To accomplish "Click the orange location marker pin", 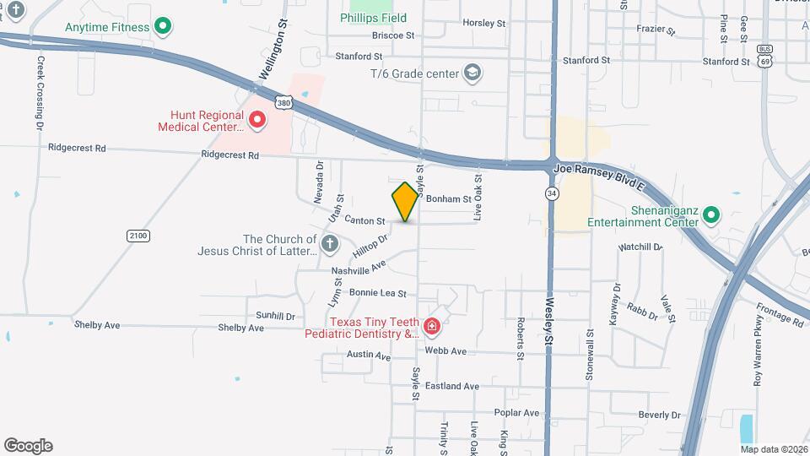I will (x=406, y=201).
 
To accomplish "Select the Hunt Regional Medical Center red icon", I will (x=257, y=121).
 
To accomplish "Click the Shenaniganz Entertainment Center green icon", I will (x=711, y=215).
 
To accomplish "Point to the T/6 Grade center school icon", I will (x=472, y=73).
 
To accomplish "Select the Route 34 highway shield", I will (x=551, y=193).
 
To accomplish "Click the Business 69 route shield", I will (x=764, y=57).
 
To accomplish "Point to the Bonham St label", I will (x=448, y=199).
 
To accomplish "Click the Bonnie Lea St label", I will (x=378, y=294).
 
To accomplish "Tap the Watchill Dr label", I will (x=640, y=247).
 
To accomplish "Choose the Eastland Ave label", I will (x=452, y=386).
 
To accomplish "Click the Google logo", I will (x=28, y=446).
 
